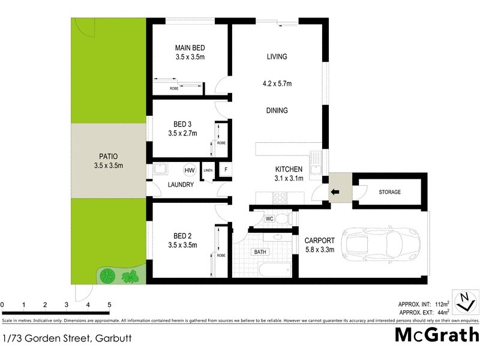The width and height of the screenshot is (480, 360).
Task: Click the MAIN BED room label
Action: click(x=187, y=47)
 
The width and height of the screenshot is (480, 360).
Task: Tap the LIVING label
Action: click(x=277, y=57)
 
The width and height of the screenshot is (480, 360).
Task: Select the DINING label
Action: click(x=277, y=110)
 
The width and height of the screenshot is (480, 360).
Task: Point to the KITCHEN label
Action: click(x=289, y=169)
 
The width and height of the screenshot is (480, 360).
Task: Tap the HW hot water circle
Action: click(x=190, y=170)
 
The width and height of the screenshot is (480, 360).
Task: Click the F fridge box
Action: click(x=225, y=170)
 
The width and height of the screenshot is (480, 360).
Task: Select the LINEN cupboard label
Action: click(x=208, y=170)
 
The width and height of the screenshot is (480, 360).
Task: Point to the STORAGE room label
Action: click(x=390, y=192)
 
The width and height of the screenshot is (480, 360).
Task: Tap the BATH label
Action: click(x=260, y=252)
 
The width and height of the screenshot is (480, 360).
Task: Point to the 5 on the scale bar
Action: click(x=109, y=305)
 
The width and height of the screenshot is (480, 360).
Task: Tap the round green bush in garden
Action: click(x=107, y=276)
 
